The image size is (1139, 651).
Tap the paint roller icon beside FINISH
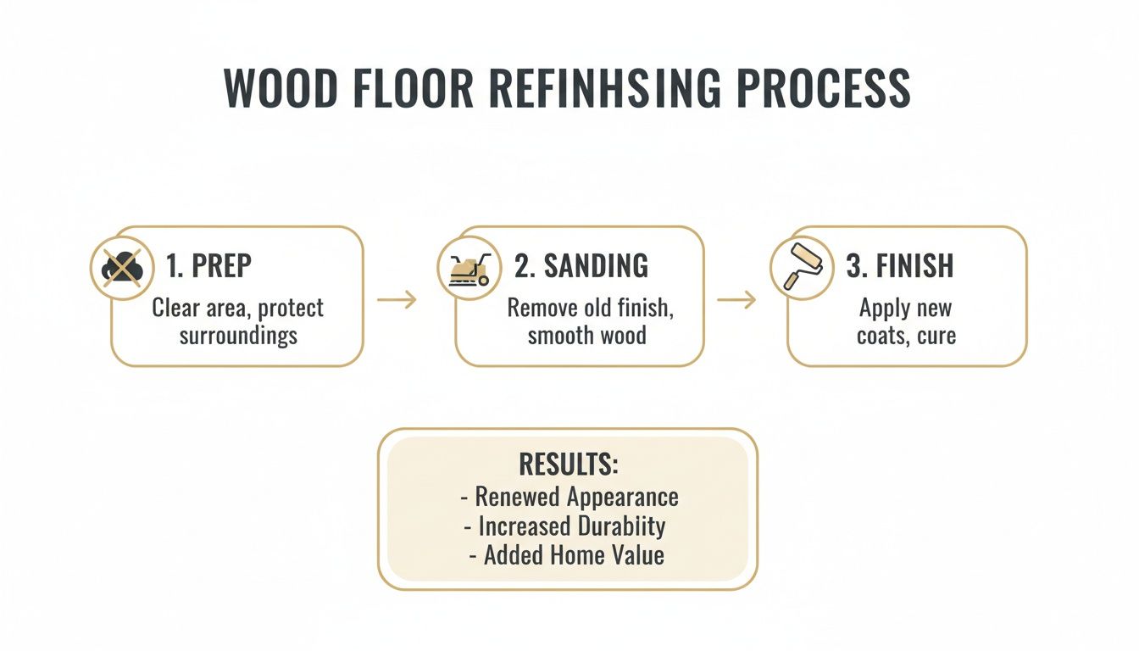(x=797, y=266)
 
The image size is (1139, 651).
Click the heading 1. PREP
(x=209, y=266)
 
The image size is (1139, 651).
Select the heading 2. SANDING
(x=582, y=266)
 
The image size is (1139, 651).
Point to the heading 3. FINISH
(x=900, y=266)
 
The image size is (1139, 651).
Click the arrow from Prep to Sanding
(x=397, y=299)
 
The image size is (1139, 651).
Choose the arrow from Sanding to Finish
(x=736, y=299)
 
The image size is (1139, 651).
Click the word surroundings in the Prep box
(x=238, y=335)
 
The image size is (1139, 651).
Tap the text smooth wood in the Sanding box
(x=586, y=335)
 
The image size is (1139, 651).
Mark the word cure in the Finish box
(x=936, y=335)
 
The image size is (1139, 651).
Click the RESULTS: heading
(x=569, y=465)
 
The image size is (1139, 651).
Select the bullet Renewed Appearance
(x=576, y=496)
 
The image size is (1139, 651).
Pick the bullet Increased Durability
(x=571, y=526)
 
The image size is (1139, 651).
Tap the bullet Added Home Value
(x=574, y=555)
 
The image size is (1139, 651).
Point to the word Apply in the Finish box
(x=884, y=307)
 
